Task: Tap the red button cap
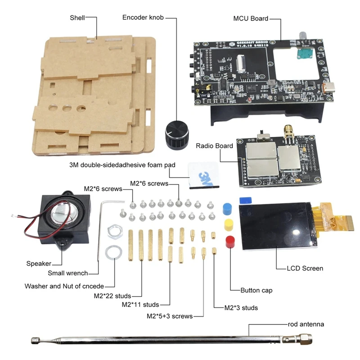point(229,240)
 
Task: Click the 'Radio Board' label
point(214,146)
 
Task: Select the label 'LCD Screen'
point(305,268)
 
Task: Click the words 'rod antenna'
point(306,324)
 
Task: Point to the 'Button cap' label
point(256,290)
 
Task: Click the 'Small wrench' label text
point(67,273)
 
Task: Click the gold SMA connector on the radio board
point(288,133)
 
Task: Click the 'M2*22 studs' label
point(112,296)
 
